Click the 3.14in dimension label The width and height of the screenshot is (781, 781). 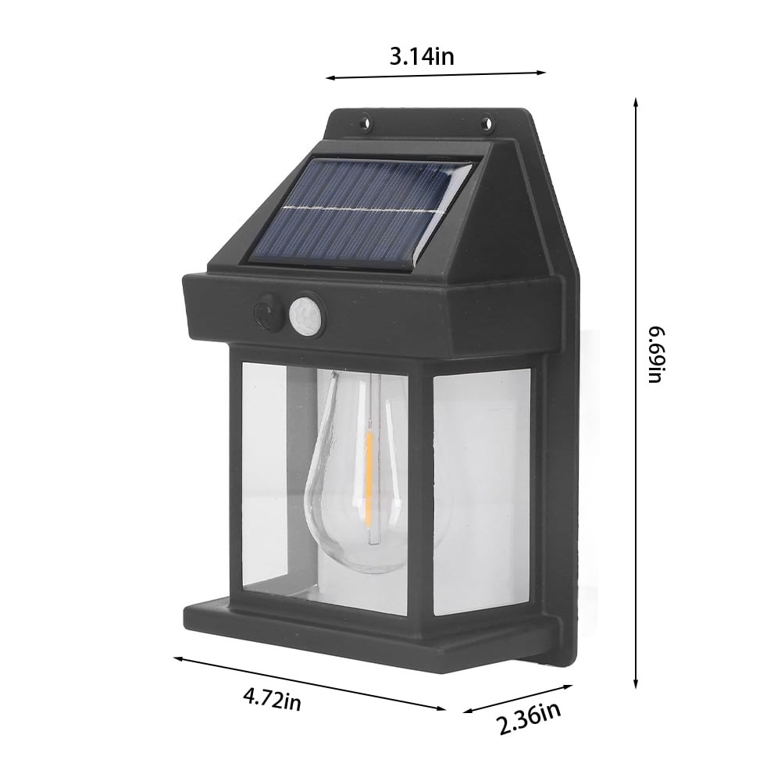click(422, 57)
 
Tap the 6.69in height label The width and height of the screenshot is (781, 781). click(656, 355)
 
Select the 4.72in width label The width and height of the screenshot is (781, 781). click(272, 699)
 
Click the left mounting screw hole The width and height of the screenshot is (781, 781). click(366, 121)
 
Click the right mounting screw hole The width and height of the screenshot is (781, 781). click(487, 121)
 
